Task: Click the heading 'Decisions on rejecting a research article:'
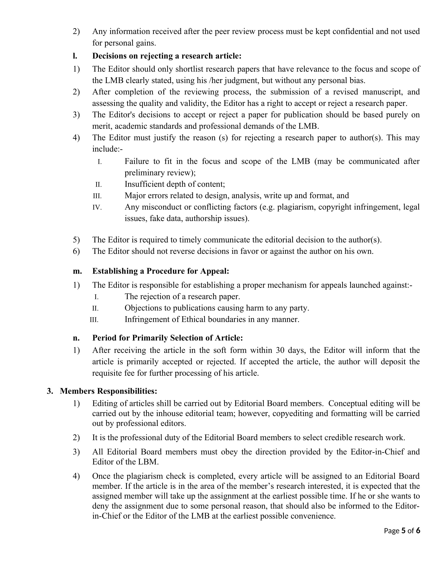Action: (x=167, y=56)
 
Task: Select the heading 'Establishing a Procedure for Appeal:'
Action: (x=160, y=271)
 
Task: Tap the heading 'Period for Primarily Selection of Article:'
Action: (x=167, y=338)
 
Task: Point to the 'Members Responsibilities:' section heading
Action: (x=108, y=391)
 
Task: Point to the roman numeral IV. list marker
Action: (x=97, y=208)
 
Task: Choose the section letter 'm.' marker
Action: (x=77, y=271)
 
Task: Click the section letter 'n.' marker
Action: (x=76, y=338)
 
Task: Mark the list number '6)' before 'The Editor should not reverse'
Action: (x=76, y=251)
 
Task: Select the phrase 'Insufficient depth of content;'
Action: (x=175, y=184)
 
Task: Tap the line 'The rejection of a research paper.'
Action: (x=182, y=296)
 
